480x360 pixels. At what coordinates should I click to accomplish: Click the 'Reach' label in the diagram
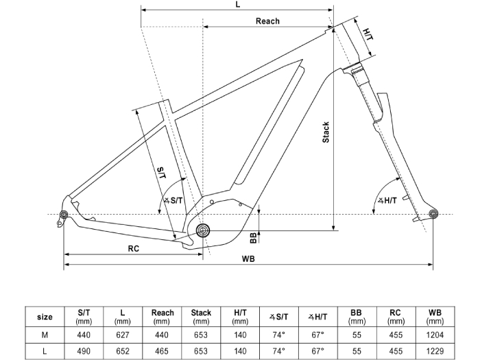coord(267,21)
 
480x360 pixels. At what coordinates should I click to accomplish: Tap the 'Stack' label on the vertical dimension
coord(326,132)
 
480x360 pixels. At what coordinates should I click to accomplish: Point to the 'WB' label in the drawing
coord(249,259)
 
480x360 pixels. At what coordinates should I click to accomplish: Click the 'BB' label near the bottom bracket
coord(253,237)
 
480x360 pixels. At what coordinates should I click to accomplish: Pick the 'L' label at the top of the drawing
coord(237,5)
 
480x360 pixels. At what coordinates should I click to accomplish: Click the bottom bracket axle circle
coord(202,230)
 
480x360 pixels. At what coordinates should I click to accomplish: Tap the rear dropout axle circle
coord(64,216)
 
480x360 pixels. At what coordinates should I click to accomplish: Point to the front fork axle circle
coord(433,215)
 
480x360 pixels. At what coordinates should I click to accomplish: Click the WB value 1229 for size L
coord(435,350)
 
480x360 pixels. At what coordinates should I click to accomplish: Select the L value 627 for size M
coord(123,334)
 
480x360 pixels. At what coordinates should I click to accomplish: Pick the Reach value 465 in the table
coord(162,350)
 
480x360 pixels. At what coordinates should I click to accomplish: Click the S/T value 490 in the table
coord(84,350)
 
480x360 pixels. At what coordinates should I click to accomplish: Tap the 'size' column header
coord(45,317)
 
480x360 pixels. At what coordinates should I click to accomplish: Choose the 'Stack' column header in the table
coord(201,313)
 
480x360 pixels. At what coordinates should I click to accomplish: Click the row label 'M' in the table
coord(45,334)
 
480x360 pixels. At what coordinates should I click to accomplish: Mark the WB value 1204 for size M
coord(435,334)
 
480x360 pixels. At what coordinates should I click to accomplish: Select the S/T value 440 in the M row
coord(84,334)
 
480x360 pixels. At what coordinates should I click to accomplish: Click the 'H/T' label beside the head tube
coord(367,32)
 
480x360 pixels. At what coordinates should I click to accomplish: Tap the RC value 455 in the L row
coord(396,350)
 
